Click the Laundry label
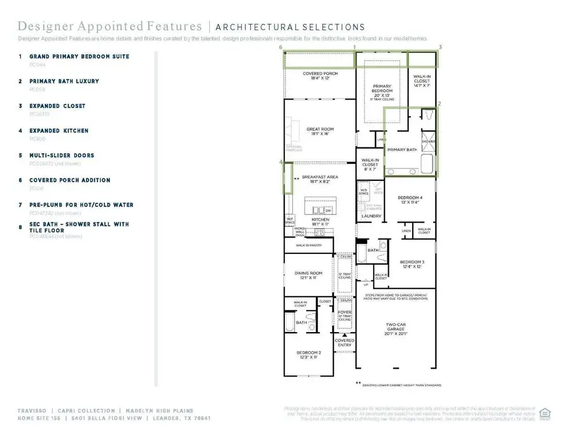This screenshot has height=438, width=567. click(x=371, y=216)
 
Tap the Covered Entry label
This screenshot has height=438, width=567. click(x=344, y=342)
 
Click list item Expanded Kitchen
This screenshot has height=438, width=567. click(x=54, y=130)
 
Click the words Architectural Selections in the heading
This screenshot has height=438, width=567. click(x=290, y=27)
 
